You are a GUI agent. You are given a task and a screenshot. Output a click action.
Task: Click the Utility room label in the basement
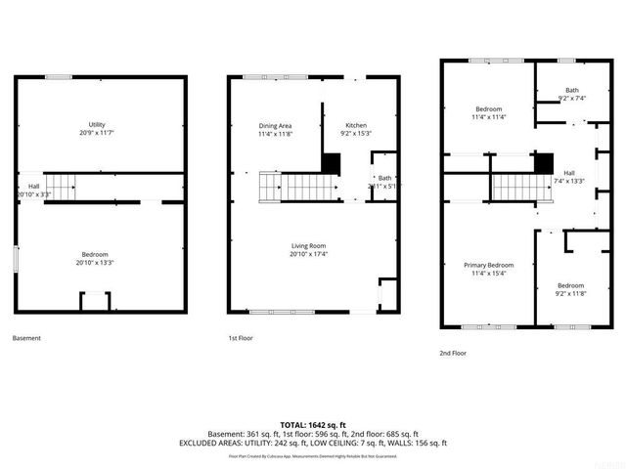pyautogui.click(x=96, y=124)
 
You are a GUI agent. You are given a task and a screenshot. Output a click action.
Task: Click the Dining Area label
pyautogui.click(x=275, y=126)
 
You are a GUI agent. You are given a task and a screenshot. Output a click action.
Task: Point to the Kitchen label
pyautogui.click(x=357, y=126)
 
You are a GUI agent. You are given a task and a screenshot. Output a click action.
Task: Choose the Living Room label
pyautogui.click(x=307, y=245)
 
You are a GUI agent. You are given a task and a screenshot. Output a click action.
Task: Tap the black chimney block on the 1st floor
pyautogui.click(x=331, y=162)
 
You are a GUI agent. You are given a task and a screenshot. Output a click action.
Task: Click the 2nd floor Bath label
pyautogui.click(x=571, y=90)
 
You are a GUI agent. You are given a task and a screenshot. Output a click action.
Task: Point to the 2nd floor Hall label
pyautogui.click(x=569, y=173)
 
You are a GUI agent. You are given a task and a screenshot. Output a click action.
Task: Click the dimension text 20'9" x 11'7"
pyautogui.click(x=96, y=132)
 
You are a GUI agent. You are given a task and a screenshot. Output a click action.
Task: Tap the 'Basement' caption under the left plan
pyautogui.click(x=26, y=338)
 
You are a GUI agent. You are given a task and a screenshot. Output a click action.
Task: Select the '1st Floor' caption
pyautogui.click(x=241, y=338)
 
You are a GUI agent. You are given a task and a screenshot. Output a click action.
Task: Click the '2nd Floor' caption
pyautogui.click(x=453, y=353)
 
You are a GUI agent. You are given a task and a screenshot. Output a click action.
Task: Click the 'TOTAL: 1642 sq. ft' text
pyautogui.click(x=312, y=425)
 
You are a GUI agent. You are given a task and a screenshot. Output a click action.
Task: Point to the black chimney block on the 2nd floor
pyautogui.click(x=544, y=162)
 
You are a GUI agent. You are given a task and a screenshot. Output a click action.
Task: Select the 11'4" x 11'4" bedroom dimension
pyautogui.click(x=488, y=116)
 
